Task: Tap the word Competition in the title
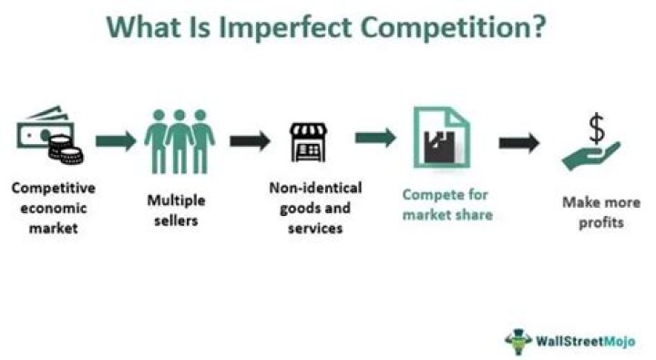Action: [x=453, y=28]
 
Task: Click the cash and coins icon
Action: [x=50, y=134]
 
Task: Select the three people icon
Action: [x=179, y=141]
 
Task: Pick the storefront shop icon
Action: [x=308, y=142]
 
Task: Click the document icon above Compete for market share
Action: [x=441, y=138]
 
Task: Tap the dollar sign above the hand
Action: [x=597, y=129]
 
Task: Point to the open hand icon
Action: [x=590, y=156]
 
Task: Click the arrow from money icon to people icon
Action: [x=116, y=140]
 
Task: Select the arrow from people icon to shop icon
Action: [x=251, y=140]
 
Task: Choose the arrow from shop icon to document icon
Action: [x=375, y=138]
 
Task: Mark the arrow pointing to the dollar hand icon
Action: [x=519, y=143]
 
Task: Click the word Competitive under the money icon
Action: [x=54, y=188]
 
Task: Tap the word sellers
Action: [x=176, y=221]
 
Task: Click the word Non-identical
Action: [x=315, y=188]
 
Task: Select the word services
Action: [x=315, y=228]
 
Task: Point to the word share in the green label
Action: [x=473, y=215]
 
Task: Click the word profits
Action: [x=601, y=222]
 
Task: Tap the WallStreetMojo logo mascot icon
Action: [x=518, y=341]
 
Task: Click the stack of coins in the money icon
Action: [x=66, y=149]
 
